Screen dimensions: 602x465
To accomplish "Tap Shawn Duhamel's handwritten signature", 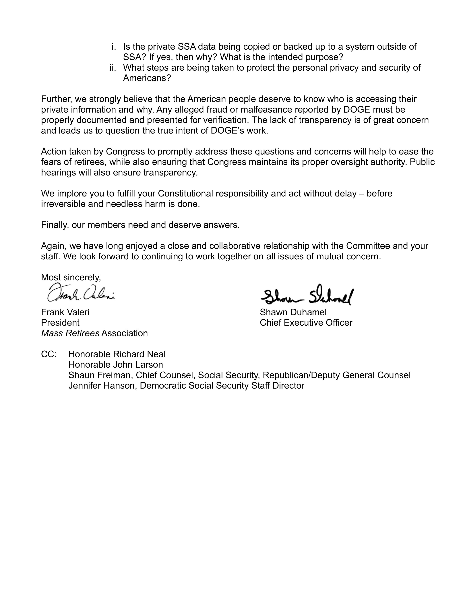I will point(307,296).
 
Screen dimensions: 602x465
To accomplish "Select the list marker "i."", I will point(114,47).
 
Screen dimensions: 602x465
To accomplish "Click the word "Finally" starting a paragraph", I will point(55,225).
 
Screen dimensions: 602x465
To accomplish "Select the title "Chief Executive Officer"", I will point(306,323).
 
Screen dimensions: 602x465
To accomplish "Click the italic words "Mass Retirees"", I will point(70,333).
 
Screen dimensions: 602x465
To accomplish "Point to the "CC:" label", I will point(49,354).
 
